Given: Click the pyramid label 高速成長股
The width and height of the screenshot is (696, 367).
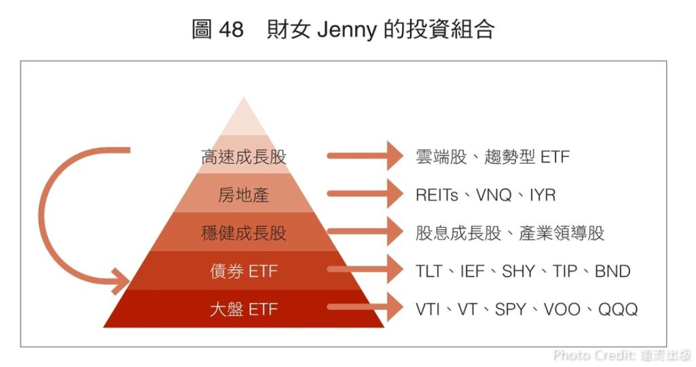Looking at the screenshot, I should click(243, 157).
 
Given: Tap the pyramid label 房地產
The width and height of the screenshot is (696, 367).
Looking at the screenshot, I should click(243, 195).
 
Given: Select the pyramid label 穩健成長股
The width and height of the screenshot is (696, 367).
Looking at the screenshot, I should click(243, 233).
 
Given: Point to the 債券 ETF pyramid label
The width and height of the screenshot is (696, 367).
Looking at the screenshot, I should click(243, 272).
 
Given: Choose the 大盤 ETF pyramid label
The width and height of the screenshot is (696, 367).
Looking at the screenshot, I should click(243, 309).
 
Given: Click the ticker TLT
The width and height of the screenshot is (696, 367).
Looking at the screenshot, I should click(429, 272).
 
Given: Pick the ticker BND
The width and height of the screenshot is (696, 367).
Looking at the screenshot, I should click(612, 272).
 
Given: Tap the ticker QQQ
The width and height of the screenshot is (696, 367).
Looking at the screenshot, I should click(618, 309).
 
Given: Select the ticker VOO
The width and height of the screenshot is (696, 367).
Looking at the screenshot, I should click(562, 309).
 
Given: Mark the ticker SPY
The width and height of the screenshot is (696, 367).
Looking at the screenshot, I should click(510, 309).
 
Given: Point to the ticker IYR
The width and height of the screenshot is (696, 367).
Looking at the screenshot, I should click(542, 195).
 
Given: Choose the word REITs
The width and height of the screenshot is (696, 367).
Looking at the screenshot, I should click(437, 195).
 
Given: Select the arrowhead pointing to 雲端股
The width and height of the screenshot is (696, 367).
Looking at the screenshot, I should click(394, 156).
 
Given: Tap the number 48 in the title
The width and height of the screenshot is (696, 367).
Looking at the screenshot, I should click(231, 29).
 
